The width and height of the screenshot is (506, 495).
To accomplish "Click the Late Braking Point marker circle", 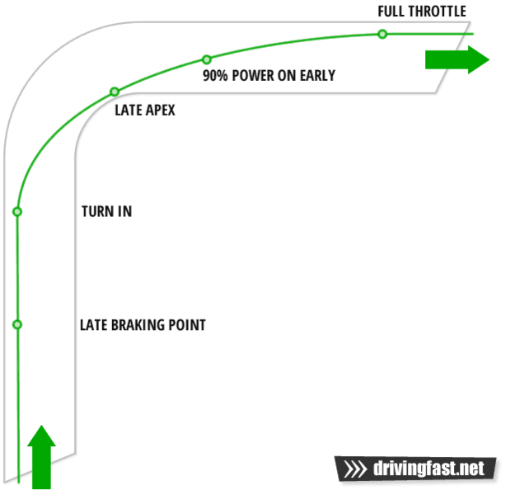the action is coord(17,324).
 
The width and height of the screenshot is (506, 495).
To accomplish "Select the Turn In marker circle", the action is coord(17,212).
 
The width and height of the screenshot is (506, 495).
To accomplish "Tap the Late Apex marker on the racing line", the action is coord(115,92).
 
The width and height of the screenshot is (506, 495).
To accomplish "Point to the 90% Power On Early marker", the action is coord(207,59).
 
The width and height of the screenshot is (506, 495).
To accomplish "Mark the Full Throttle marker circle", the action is coord(382,34).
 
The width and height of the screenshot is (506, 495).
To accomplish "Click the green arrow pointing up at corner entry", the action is coord(42,457).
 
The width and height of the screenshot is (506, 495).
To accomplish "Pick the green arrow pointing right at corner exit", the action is coord(457,59).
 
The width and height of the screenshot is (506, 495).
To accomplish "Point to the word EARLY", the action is coord(317,76).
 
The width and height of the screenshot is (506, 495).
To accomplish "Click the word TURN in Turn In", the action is coord(97,211).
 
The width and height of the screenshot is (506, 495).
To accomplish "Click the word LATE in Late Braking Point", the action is coord(94,325).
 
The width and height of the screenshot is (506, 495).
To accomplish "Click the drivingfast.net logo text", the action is coord(429,468).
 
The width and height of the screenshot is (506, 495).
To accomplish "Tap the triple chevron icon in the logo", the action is coord(355,469).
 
